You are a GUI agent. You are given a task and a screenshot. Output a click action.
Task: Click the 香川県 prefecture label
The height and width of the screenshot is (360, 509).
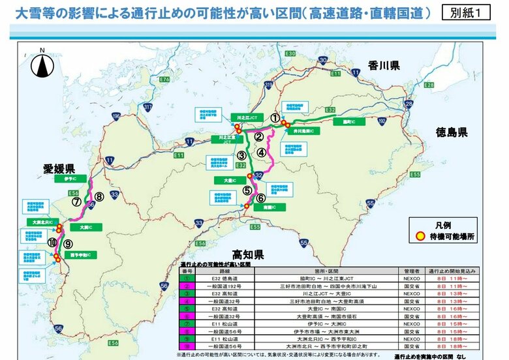pyautogui.click(x=385, y=65)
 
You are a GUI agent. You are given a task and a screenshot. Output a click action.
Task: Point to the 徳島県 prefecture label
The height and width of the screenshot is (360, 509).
pyautogui.click(x=453, y=132)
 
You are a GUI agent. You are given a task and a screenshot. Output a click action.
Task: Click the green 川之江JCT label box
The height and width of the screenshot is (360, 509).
pyautogui.click(x=245, y=117)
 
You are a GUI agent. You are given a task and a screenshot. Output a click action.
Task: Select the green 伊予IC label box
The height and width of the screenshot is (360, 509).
pyautogui.click(x=72, y=178)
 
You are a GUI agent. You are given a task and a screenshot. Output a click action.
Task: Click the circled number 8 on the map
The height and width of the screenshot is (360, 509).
pyautogui.click(x=99, y=196)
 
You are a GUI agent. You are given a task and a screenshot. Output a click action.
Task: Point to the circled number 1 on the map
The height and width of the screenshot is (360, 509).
pyautogui.click(x=275, y=118)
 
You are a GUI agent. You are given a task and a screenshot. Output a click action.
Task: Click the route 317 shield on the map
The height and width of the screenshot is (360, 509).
pyautogui.click(x=147, y=107)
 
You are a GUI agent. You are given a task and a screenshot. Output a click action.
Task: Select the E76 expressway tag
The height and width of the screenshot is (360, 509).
pyautogui.click(x=164, y=80)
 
